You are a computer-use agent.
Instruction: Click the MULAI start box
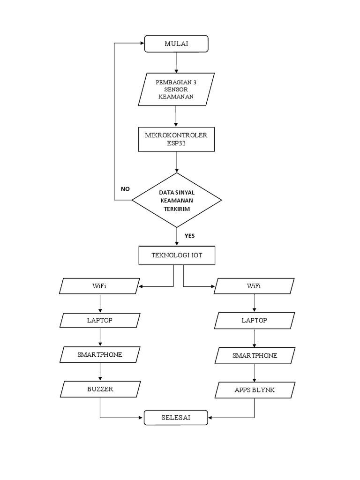click(x=176, y=44)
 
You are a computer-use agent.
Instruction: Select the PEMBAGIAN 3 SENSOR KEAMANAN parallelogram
click(x=176, y=89)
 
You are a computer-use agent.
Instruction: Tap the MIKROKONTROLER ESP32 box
click(x=176, y=139)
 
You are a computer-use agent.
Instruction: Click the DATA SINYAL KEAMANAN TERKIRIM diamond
click(x=177, y=200)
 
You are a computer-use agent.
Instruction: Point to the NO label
click(x=125, y=189)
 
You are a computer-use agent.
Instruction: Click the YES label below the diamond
click(x=189, y=236)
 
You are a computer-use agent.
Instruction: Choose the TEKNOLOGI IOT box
click(x=177, y=255)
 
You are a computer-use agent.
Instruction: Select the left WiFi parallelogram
click(x=100, y=286)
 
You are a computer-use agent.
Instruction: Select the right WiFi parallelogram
click(x=254, y=286)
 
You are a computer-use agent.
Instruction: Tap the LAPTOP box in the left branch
click(x=100, y=321)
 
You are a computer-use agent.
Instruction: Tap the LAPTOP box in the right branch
click(x=254, y=321)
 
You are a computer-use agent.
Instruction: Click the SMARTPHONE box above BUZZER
click(x=100, y=355)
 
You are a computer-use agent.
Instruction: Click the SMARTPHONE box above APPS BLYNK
click(x=254, y=356)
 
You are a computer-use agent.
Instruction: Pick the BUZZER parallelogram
click(x=100, y=389)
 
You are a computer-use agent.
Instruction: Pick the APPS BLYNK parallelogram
click(x=254, y=390)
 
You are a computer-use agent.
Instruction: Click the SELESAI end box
click(x=176, y=418)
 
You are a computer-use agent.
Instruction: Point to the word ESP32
click(x=176, y=143)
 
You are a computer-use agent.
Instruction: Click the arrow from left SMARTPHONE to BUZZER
click(x=100, y=372)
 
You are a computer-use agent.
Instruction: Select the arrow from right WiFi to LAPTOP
click(x=254, y=303)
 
